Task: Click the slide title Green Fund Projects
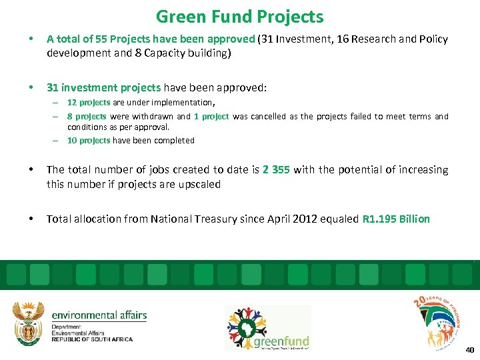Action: coord(239,17)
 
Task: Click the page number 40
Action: coord(469,349)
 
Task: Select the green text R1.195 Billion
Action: coord(396,219)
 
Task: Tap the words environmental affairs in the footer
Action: coord(99,315)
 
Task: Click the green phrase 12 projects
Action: coord(88,103)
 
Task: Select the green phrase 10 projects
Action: coord(88,141)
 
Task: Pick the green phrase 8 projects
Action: coord(88,117)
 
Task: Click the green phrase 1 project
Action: coord(211,117)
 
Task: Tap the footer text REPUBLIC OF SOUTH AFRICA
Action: coord(92,339)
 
